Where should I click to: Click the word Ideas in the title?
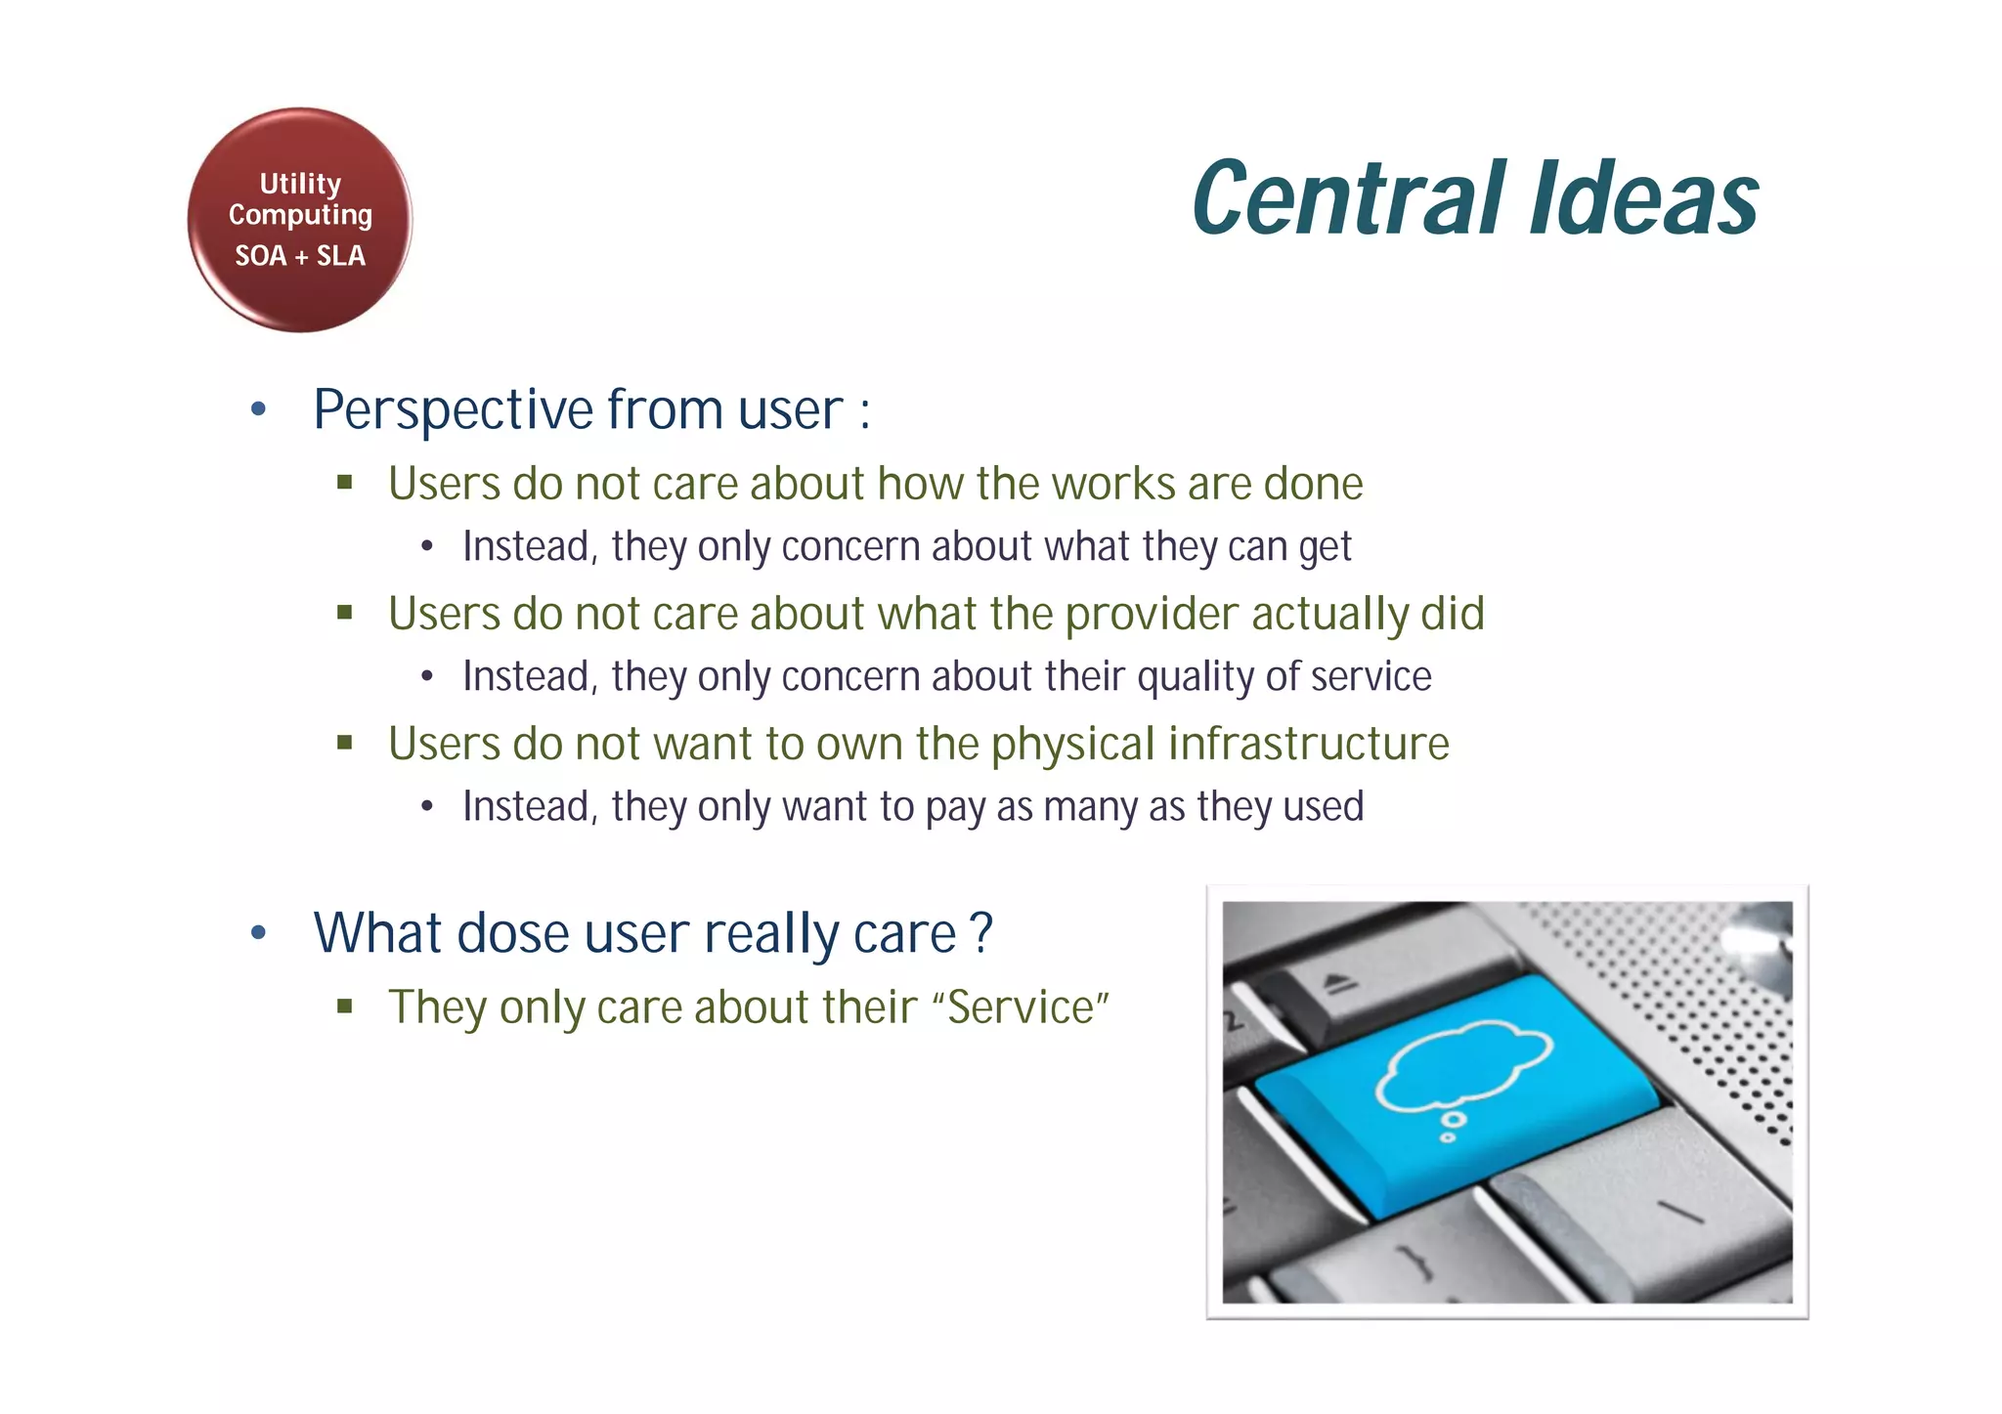pyautogui.click(x=1644, y=200)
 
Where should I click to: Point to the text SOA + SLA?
pyautogui.click(x=300, y=256)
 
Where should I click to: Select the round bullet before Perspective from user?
pyautogui.click(x=258, y=409)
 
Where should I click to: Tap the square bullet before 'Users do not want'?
pyautogui.click(x=344, y=743)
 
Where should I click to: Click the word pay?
pyautogui.click(x=955, y=808)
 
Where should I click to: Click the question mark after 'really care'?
pyautogui.click(x=982, y=933)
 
